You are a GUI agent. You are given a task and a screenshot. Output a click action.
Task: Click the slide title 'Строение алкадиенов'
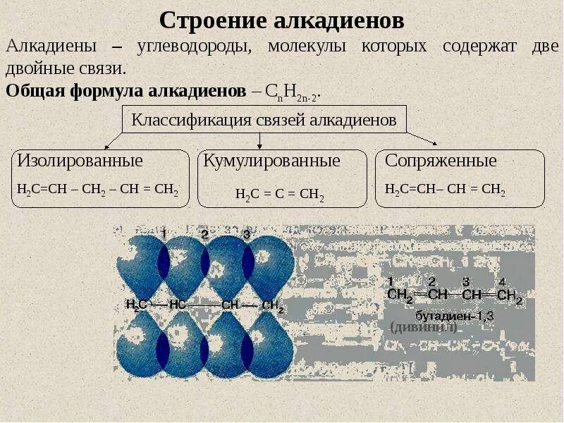coord(281,20)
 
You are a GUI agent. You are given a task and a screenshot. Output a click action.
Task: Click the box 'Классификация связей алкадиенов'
coord(264,120)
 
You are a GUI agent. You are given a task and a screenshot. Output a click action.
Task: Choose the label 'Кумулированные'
coord(271,161)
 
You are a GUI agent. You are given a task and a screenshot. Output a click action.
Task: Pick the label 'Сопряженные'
coord(441,161)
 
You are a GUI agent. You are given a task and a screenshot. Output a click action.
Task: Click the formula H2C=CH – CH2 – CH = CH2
coord(97,190)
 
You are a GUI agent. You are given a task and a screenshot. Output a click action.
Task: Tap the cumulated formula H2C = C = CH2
coord(280,195)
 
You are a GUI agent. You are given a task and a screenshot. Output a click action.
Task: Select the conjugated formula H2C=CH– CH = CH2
coord(445,190)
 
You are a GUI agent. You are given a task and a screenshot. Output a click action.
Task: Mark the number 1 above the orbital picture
coord(163,233)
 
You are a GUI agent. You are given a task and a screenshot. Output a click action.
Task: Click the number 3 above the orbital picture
coord(246,233)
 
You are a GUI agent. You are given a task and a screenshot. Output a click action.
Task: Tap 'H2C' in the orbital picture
coord(137,305)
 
